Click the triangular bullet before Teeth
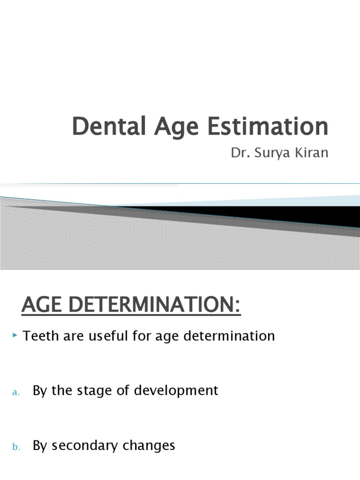click(x=16, y=335)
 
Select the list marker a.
click(x=16, y=392)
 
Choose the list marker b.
click(x=16, y=447)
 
